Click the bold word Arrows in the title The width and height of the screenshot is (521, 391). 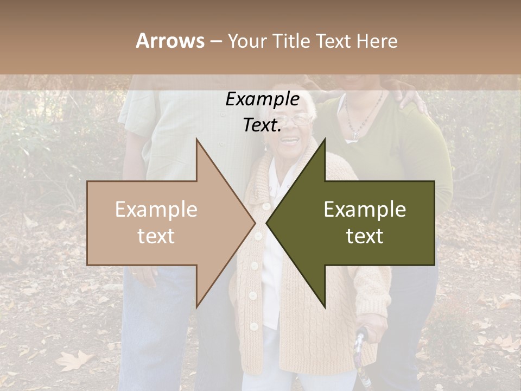pos(170,41)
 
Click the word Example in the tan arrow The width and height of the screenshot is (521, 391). pos(156,210)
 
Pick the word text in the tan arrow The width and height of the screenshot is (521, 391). pos(156,236)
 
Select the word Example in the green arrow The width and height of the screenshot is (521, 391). pos(365,210)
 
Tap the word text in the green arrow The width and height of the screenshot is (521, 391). pos(365,236)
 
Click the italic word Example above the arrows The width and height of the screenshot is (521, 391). pos(262,99)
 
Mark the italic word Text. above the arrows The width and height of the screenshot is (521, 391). pos(262,125)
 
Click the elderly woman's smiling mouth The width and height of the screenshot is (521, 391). pos(290,141)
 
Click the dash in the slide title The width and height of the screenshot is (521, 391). pos(215,41)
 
